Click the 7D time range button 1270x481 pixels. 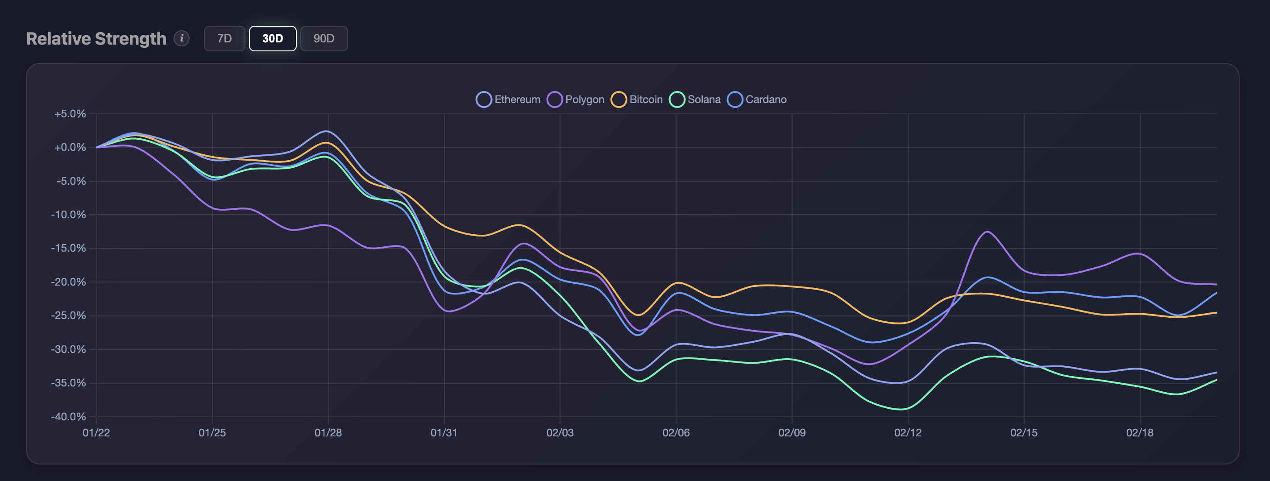point(224,38)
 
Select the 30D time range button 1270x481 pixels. point(272,38)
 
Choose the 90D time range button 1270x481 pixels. point(324,38)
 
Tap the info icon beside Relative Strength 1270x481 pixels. point(182,38)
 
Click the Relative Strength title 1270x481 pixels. point(96,38)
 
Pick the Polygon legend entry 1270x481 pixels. point(575,100)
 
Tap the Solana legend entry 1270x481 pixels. point(695,100)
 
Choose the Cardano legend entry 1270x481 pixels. point(757,100)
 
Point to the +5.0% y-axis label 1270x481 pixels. point(70,114)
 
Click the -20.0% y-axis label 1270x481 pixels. point(69,282)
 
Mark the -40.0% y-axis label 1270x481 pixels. point(69,416)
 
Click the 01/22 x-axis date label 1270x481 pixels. point(96,433)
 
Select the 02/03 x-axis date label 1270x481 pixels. point(560,433)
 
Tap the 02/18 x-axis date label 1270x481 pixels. point(1139,433)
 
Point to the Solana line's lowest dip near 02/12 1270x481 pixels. point(902,409)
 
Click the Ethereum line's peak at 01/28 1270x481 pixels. point(326,131)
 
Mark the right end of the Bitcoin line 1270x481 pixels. point(1216,312)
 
